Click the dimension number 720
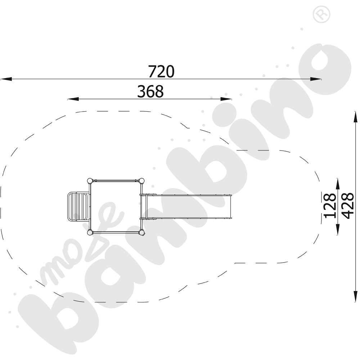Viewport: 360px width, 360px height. pyautogui.click(x=161, y=71)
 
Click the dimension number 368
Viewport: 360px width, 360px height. pyautogui.click(x=150, y=91)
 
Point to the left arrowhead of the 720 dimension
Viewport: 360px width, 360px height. pyautogui.click(x=4, y=79)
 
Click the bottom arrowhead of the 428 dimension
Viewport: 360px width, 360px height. pyautogui.click(x=356, y=298)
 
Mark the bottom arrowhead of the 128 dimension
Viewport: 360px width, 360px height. pyautogui.click(x=338, y=230)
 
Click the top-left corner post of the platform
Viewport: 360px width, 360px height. pyautogui.click(x=90, y=181)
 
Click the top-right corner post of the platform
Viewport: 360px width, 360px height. pyautogui.click(x=142, y=181)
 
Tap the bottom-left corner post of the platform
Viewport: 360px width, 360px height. pyautogui.click(x=90, y=233)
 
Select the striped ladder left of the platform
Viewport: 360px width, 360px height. pyautogui.click(x=78, y=207)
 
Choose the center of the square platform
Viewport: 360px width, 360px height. pyautogui.click(x=116, y=207)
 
